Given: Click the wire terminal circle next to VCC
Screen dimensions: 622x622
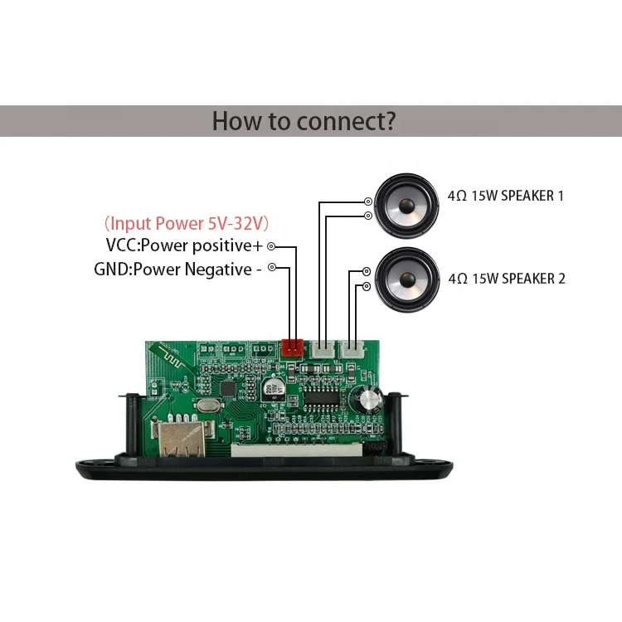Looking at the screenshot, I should point(270,247).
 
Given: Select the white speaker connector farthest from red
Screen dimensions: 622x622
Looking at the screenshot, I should point(353,350).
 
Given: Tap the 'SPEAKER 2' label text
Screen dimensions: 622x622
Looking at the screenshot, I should point(534,279).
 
